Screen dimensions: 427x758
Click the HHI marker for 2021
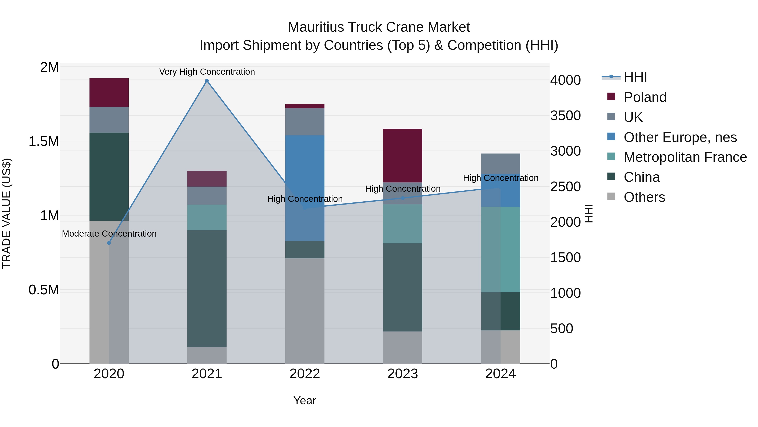(207, 81)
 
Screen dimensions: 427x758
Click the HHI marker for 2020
(109, 243)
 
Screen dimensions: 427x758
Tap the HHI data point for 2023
(403, 198)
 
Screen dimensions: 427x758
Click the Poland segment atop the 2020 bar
(109, 93)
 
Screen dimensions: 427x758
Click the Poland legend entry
(645, 97)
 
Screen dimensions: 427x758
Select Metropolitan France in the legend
(685, 157)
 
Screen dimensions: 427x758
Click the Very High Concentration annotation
(207, 72)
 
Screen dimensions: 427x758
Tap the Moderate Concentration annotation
(109, 234)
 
